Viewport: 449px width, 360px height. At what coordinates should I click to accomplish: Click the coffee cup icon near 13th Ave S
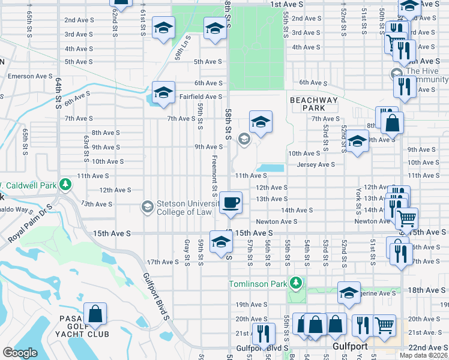pos(231,202)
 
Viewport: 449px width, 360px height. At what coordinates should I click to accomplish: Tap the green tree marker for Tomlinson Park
pos(295,283)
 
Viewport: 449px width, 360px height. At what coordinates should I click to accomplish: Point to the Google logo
pos(20,353)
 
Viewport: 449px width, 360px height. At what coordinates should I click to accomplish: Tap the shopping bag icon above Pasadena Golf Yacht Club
pos(95,313)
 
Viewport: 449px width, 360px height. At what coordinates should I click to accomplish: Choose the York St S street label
pos(358,200)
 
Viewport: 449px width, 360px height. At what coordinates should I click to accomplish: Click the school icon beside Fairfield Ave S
pos(163,93)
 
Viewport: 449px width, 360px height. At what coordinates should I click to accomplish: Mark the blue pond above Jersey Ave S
pos(270,168)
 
